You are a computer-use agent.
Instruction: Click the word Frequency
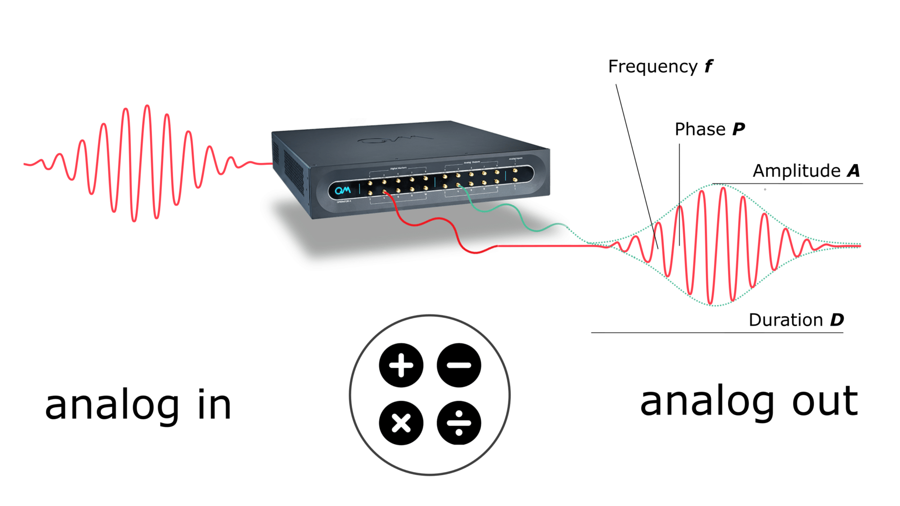point(652,67)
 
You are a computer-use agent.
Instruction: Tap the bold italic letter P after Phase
point(738,129)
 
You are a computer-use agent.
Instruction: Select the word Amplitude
point(796,171)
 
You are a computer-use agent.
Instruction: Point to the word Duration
point(786,320)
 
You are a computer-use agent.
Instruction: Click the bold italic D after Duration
point(837,320)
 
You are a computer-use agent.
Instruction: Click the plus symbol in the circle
point(401,365)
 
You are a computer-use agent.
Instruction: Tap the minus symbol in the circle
point(459,365)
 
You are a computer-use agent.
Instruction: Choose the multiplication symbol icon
point(401,423)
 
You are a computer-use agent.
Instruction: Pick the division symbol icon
point(459,423)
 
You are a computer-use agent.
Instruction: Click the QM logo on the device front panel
point(343,190)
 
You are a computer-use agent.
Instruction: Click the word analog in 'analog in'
point(112,406)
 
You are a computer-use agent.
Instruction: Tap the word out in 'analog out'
point(825,402)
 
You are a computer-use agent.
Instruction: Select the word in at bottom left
point(215,406)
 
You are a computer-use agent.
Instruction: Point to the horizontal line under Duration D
point(717,333)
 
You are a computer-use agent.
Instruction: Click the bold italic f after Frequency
point(709,67)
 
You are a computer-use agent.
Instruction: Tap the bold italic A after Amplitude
point(854,171)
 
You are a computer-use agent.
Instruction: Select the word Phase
point(700,129)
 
